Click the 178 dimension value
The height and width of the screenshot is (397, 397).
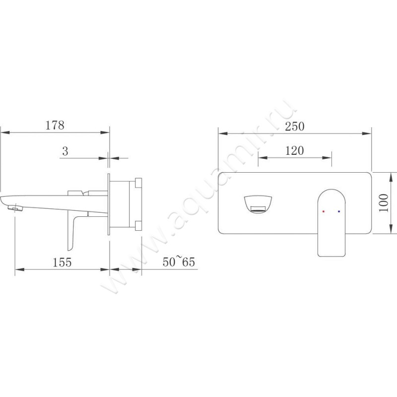(55, 125)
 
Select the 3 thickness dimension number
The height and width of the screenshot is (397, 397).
(65, 151)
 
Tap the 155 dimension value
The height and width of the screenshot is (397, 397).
(62, 262)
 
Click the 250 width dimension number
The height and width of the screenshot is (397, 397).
(294, 126)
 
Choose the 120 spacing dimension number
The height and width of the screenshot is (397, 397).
(294, 151)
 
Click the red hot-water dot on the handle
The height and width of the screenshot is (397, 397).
(324, 211)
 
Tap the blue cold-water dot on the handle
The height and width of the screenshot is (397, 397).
(339, 211)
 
